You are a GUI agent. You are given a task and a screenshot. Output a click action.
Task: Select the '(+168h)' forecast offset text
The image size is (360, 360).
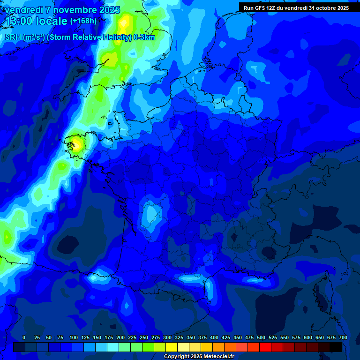(x=83, y=21)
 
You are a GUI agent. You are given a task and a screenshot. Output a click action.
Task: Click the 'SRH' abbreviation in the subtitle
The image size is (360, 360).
(x=13, y=37)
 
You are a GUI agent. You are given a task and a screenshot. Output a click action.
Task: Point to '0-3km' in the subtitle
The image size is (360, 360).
(x=144, y=37)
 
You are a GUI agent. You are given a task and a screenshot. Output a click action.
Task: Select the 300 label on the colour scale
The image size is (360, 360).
(x=167, y=337)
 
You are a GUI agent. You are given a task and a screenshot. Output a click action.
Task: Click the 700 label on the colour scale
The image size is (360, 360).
(x=343, y=337)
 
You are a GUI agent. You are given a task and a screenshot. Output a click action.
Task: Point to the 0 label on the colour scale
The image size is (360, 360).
(x=24, y=337)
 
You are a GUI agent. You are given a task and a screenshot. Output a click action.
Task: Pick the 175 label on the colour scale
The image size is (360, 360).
(x=109, y=337)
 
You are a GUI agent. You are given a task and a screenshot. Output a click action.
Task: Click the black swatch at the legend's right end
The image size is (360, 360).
(x=336, y=347)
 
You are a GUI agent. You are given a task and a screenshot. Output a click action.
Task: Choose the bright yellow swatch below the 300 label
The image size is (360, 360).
(x=172, y=347)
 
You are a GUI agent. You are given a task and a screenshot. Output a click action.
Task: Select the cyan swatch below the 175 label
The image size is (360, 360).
(x=113, y=347)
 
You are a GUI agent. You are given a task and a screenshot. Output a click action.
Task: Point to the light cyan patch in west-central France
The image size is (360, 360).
(x=151, y=212)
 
